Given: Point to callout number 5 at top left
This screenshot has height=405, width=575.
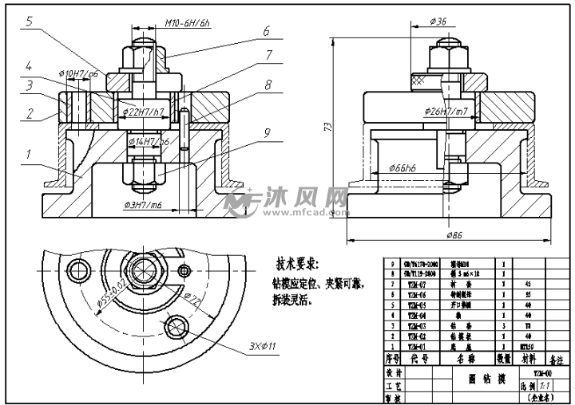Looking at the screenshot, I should point(28,22).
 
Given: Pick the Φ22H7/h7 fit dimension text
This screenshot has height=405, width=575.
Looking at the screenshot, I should point(145,111).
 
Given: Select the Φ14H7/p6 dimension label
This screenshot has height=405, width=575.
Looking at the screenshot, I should point(149,141).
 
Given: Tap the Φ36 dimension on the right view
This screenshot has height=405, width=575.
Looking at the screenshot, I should point(438,22).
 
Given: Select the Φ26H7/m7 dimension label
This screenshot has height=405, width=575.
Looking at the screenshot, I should point(446,111).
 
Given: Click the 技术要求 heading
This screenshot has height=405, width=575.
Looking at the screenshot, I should point(297,264).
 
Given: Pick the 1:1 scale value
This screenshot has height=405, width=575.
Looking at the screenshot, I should point(552,385).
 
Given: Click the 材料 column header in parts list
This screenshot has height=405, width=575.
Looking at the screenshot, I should point(528,360).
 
